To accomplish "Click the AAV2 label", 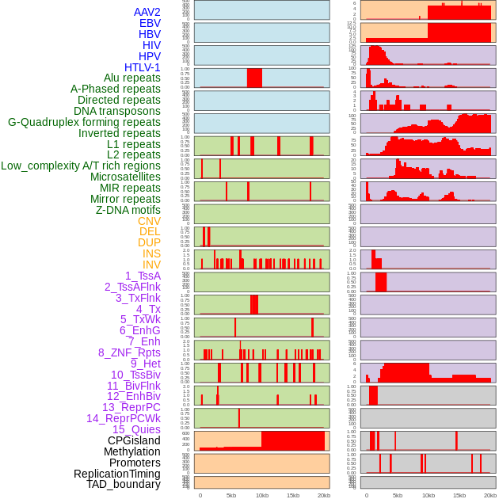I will click(147, 12).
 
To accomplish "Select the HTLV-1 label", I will click(143, 67).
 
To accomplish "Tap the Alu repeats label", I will click(131, 78).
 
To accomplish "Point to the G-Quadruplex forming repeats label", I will click(84, 122).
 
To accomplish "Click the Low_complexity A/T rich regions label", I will click(81, 166).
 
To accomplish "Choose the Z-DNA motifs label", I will click(128, 210).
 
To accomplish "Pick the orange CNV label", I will click(149, 221).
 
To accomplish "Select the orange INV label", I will click(151, 265).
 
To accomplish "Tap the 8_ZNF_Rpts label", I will click(129, 352).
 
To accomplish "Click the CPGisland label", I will click(134, 440).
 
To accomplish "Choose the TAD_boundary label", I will click(124, 484).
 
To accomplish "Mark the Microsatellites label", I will click(125, 177).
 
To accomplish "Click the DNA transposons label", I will click(117, 111).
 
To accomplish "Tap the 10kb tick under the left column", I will click(262, 495).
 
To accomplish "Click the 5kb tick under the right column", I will click(398, 495).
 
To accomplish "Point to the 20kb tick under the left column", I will click(323, 495).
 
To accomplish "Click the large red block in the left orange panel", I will click(293, 440).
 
